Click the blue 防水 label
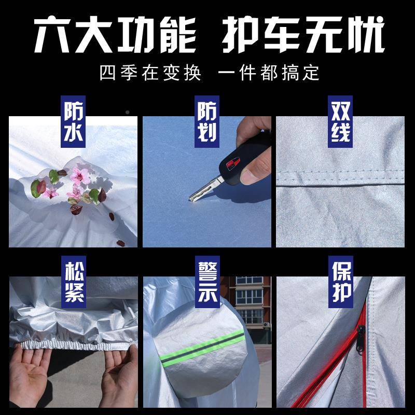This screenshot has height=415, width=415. coord(73,121)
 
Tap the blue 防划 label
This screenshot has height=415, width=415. coord(207,121)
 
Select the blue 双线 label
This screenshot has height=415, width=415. coord(340,121)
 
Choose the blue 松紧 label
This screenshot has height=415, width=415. coord(74,282)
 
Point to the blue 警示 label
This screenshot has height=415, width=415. coord(208,282)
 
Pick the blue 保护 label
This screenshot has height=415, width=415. coord(341,282)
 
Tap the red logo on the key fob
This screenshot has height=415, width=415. coord(233,163)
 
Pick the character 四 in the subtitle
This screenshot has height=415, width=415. coord(108,73)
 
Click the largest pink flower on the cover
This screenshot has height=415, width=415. coord(80,175)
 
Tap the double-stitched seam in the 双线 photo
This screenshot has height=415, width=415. coord(340,178)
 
